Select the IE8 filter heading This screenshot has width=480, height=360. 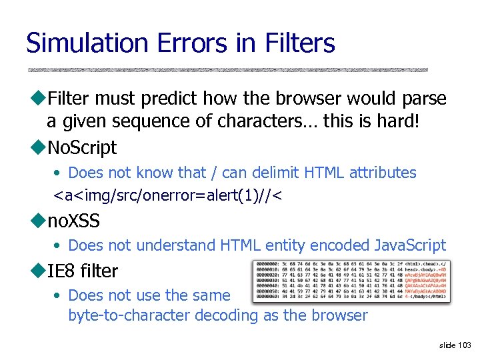82,271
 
